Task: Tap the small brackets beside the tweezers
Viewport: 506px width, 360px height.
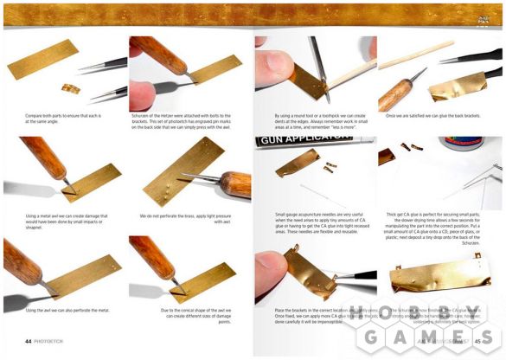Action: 71,88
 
